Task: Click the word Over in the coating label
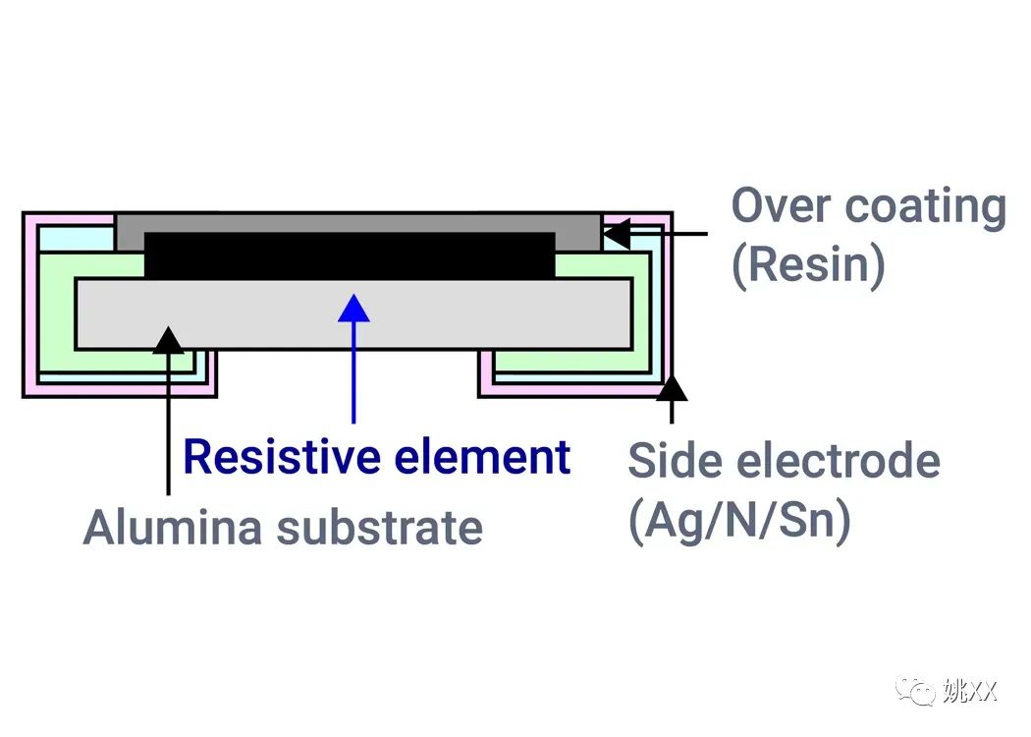coord(782,206)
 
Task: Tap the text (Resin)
coord(809,265)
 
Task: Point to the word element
coord(482,456)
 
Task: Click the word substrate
coord(380,528)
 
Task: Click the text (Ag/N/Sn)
coord(739,521)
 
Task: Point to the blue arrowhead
coord(353,308)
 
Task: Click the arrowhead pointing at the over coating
coord(617,234)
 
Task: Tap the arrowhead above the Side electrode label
coord(672,388)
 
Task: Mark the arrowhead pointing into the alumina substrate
coord(168,340)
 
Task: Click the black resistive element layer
coord(350,255)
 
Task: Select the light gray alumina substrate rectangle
coord(353,313)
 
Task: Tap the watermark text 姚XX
coord(969,691)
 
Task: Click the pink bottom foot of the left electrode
coord(120,390)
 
